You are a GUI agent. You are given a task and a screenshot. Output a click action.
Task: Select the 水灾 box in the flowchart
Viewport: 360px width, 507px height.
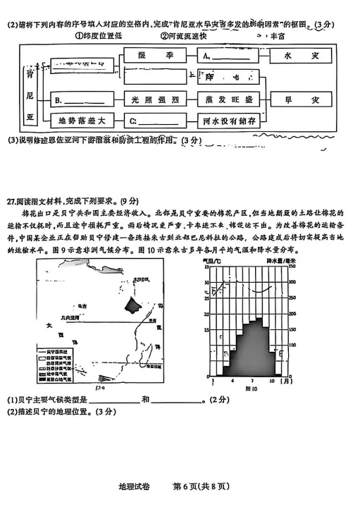[x=296, y=54]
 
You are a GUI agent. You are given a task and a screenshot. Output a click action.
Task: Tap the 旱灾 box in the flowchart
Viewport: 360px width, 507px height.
[x=296, y=99]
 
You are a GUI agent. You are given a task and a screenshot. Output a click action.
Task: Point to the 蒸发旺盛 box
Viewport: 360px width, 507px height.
[x=229, y=99]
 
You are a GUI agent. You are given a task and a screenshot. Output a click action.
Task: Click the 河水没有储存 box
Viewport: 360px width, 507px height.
[x=229, y=121]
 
